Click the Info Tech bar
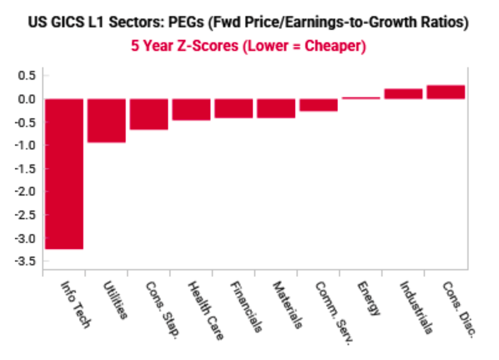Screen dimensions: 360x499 coord(64,173)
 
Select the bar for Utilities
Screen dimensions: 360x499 coord(107,120)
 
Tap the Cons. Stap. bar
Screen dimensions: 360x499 coord(149,114)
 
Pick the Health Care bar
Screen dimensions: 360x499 coord(191,109)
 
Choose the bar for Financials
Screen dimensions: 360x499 coord(234,109)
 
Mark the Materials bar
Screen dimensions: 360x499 coord(276,109)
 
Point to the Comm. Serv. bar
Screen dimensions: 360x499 coord(319,105)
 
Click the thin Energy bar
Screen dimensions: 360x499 coord(361,98)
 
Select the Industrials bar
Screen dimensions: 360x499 coord(404,94)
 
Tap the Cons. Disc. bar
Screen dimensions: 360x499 coord(446,92)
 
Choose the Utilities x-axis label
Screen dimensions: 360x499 coord(116,300)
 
